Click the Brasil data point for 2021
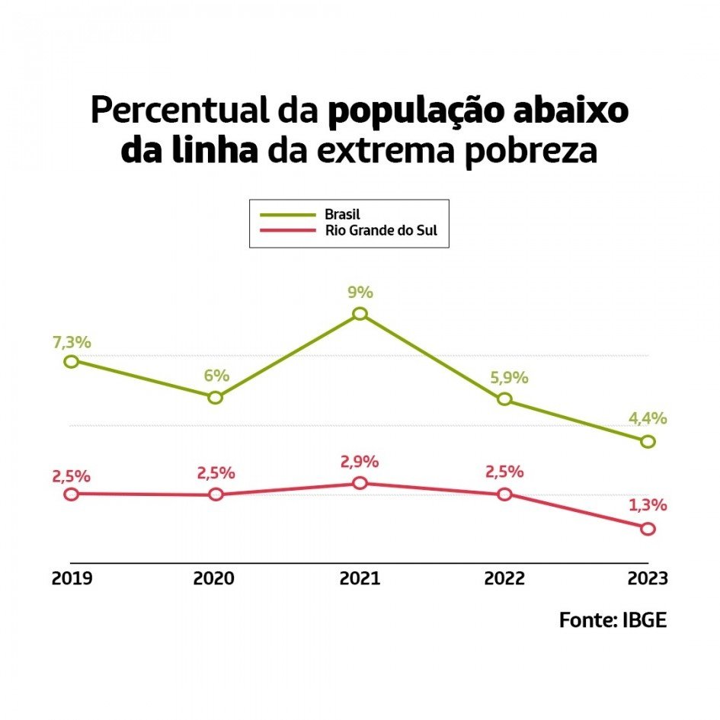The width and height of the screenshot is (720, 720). (360, 314)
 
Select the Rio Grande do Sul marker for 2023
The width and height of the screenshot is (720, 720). (648, 529)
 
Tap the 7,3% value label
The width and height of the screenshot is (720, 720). (71, 343)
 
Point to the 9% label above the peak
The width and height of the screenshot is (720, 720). (360, 293)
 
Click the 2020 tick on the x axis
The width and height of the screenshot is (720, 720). (214, 578)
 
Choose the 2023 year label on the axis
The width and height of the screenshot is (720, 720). (647, 578)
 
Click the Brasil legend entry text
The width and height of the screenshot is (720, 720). (342, 214)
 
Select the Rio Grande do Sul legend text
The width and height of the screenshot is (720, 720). (382, 231)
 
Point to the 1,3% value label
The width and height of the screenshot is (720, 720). (648, 505)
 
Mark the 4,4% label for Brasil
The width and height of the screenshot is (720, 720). (648, 418)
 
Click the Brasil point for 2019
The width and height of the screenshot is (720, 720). (71, 361)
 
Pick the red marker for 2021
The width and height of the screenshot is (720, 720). (360, 483)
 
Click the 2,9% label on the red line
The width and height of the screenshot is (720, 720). (360, 462)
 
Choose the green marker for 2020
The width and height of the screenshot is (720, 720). (216, 397)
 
